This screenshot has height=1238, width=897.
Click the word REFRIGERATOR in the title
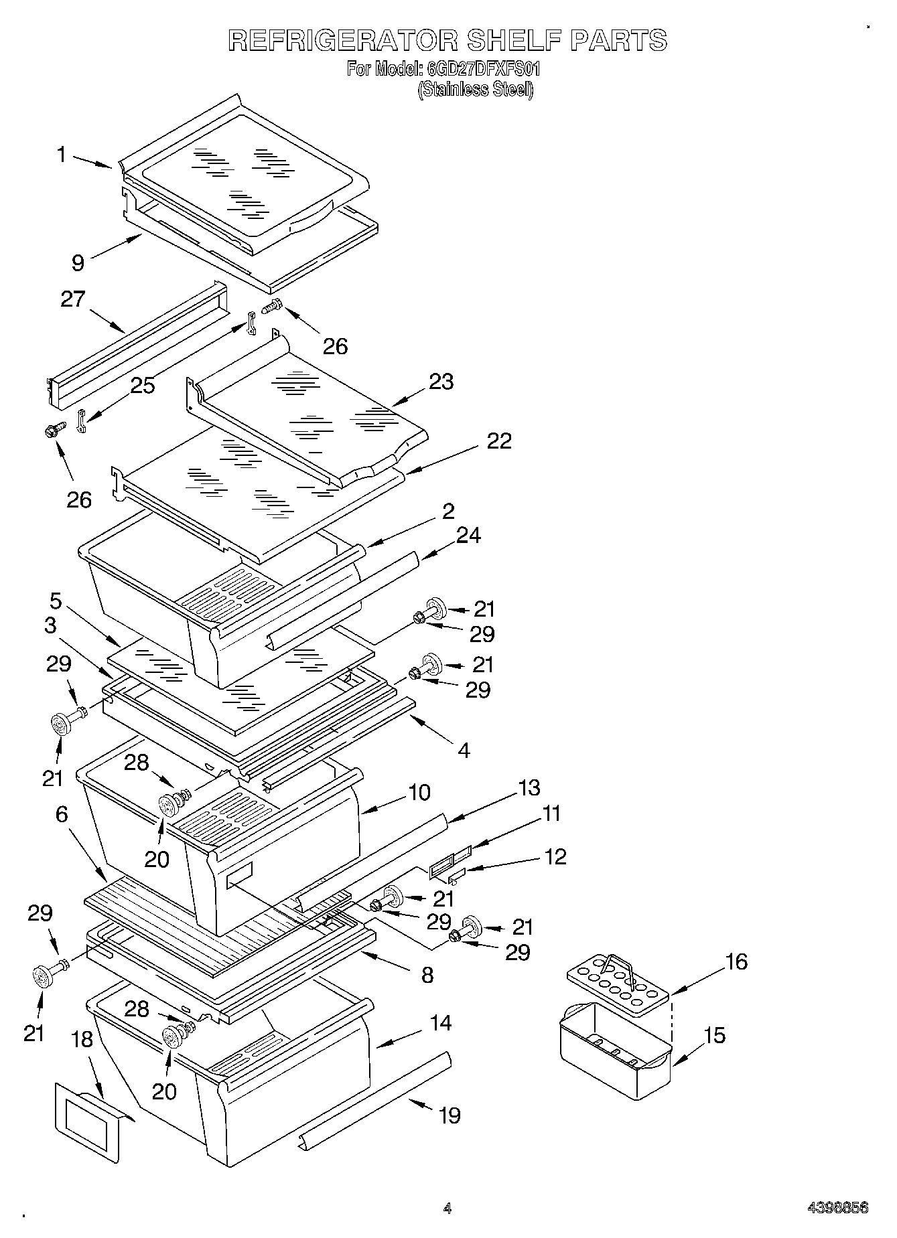(x=342, y=40)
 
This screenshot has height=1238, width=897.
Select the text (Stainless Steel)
(x=475, y=90)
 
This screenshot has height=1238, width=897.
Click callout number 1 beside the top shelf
(x=62, y=155)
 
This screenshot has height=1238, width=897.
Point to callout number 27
(x=73, y=299)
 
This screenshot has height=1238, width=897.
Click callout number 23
(x=441, y=382)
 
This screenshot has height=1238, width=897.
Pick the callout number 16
(x=736, y=961)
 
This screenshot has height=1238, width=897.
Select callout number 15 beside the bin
(x=715, y=1035)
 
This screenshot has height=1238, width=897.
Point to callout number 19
(x=449, y=1115)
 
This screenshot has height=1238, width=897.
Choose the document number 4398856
(x=837, y=1208)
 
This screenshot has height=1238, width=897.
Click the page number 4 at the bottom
(x=447, y=1208)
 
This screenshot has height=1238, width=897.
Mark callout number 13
(x=529, y=787)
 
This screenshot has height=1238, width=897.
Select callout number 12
(x=555, y=856)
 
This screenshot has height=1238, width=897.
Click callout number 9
(x=78, y=262)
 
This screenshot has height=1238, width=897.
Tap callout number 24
(x=468, y=535)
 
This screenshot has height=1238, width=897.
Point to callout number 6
(x=62, y=814)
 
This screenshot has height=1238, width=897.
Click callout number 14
(x=441, y=1022)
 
